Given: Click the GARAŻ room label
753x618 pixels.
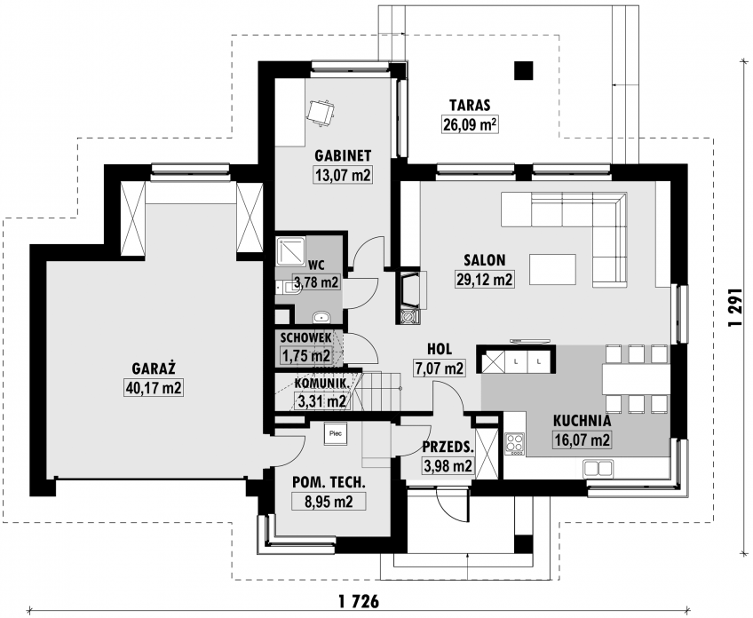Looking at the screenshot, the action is [154, 368].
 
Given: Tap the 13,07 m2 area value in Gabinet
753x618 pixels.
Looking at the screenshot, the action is [343, 175].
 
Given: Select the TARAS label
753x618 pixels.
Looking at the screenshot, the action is [469, 105].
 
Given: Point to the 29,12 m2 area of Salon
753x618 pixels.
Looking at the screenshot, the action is [484, 279].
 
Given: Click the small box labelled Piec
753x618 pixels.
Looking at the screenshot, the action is [335, 433].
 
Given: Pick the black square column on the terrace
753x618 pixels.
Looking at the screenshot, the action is [523, 70].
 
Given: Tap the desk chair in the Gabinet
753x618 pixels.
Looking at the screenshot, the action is [321, 114].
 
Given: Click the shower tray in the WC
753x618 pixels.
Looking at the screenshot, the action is [290, 251].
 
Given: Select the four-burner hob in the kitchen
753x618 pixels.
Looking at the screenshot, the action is [514, 443].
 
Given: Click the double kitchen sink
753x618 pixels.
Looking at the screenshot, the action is [598, 467].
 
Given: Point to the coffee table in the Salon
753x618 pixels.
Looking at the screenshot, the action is [552, 269].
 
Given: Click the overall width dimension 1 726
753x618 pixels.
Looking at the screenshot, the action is [359, 601].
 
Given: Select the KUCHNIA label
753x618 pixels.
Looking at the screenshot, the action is [582, 421].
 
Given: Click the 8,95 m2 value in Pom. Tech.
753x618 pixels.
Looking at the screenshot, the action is [329, 502].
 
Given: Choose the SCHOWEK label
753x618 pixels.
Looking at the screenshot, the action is [305, 337].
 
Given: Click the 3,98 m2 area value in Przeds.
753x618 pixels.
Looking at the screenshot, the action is [448, 465].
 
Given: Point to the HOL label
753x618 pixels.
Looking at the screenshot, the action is [440, 349].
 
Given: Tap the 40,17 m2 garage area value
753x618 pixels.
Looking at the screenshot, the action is [154, 387].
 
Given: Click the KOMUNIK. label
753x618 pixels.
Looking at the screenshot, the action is [321, 384].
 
